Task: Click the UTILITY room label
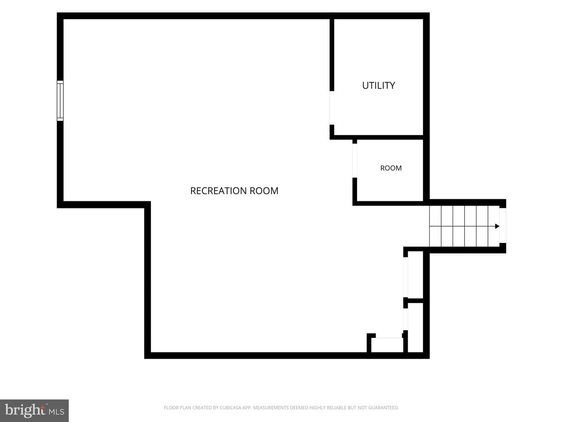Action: (378, 85)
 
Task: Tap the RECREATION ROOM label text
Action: (234, 191)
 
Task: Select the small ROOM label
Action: (391, 168)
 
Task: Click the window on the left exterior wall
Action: (60, 101)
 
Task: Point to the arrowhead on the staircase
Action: (497, 226)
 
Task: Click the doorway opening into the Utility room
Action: (332, 108)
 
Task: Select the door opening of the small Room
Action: (355, 161)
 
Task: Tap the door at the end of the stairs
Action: (503, 225)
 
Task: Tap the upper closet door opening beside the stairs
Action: (405, 277)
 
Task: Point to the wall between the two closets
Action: (415, 300)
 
